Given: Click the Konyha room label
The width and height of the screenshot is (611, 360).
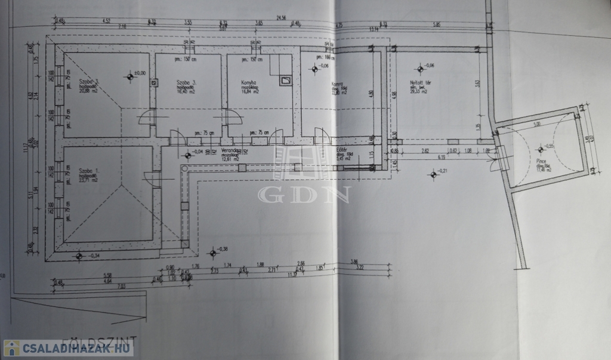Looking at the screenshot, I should point(249,84).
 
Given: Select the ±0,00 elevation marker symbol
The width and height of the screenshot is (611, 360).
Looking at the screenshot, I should point(130,76).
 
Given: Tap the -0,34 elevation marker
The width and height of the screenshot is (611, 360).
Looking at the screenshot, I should point(79,256).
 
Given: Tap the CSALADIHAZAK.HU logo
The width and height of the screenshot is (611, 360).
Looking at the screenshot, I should point(67,347).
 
